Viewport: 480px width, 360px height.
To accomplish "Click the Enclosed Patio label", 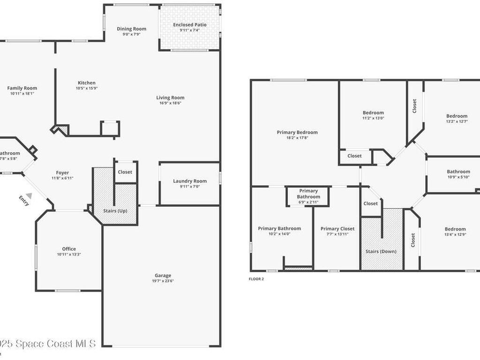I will [189, 25].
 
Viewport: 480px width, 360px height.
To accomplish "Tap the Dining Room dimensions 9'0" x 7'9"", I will [132, 34].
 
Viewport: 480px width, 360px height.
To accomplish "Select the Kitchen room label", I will [86, 83].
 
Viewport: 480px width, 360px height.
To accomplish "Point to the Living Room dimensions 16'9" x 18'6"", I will [171, 103].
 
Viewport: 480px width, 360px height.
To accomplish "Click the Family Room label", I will [22, 88].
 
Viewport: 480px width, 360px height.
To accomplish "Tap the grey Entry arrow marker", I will [29, 195].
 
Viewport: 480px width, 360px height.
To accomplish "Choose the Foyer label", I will [62, 172].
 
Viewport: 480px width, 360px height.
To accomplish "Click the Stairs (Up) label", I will [115, 210].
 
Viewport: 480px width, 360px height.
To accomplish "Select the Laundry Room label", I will [190, 181].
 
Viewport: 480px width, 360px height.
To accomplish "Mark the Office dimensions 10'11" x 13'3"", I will [69, 255].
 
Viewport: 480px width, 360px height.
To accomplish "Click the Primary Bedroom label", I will [297, 132].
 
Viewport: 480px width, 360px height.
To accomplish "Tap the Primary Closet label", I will [337, 229].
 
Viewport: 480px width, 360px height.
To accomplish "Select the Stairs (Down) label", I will [381, 251].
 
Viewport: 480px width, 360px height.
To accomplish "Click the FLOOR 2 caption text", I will [256, 279].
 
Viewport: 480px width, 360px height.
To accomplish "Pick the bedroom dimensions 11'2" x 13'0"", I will [373, 118].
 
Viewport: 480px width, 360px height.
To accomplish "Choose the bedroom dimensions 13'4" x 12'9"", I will [455, 235].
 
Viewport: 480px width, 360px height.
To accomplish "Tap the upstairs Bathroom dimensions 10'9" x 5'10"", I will [458, 177].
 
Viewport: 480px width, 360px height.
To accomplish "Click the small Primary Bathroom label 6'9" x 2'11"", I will [308, 202].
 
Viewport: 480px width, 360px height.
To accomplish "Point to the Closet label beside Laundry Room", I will [125, 172].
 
